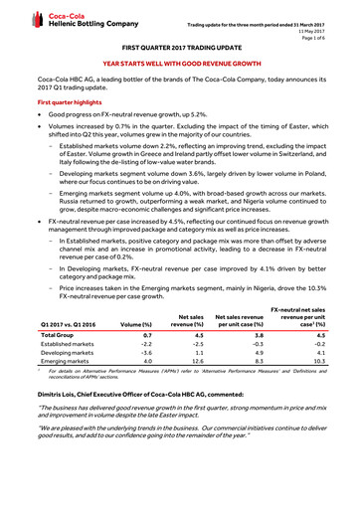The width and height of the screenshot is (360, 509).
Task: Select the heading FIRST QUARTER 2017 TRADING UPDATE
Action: (179, 47)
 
